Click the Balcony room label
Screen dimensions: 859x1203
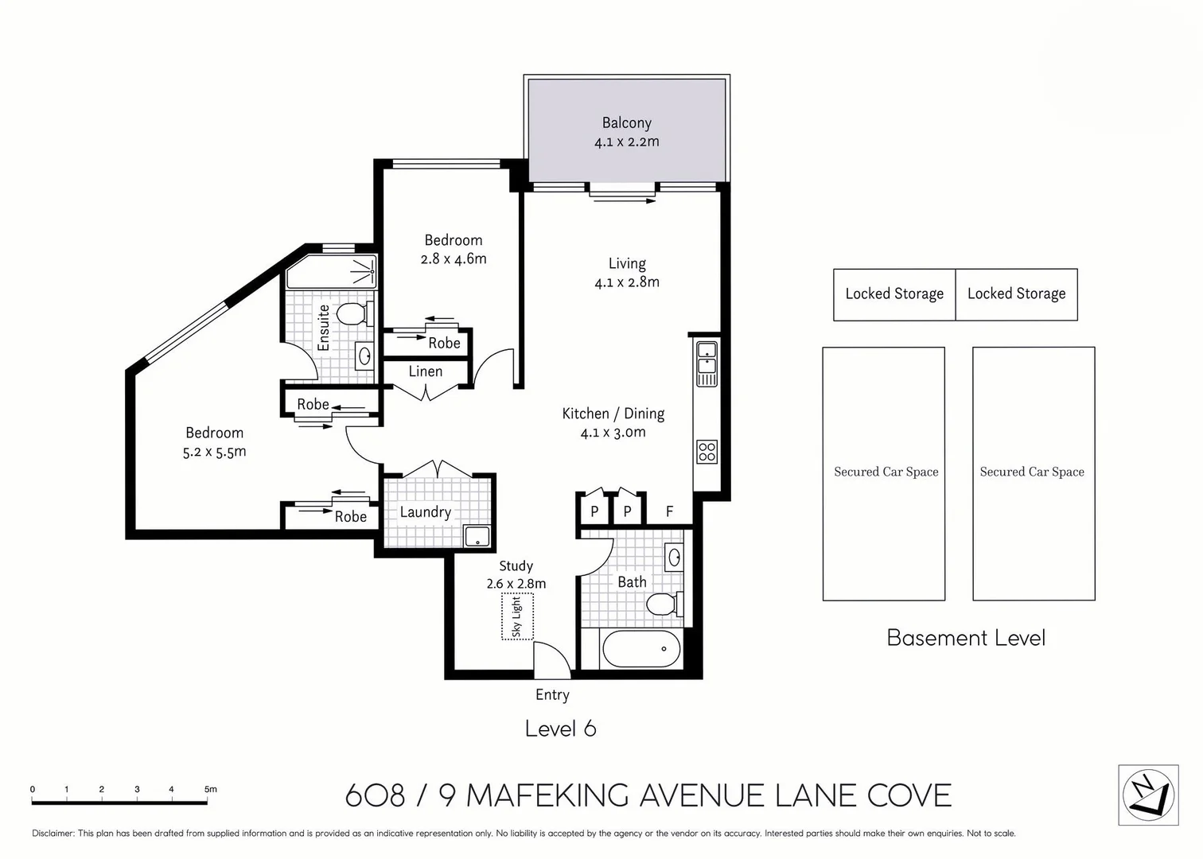pyautogui.click(x=626, y=122)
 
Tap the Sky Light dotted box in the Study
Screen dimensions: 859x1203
pyautogui.click(x=517, y=616)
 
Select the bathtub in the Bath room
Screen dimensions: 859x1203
pyautogui.click(x=641, y=649)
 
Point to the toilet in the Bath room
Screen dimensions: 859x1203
pyautogui.click(x=663, y=604)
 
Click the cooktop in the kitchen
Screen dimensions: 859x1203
pyautogui.click(x=707, y=452)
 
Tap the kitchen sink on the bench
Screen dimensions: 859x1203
pyautogui.click(x=707, y=357)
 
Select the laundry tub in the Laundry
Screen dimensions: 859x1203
pyautogui.click(x=477, y=537)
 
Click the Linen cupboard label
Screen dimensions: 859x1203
pyautogui.click(x=425, y=371)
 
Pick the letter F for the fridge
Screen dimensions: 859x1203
pyautogui.click(x=669, y=511)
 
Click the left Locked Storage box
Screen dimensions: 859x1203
pyautogui.click(x=894, y=294)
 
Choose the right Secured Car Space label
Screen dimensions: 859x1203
pyautogui.click(x=1032, y=472)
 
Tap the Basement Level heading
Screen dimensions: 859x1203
pyautogui.click(x=966, y=638)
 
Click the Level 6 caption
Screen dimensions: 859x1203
pyautogui.click(x=560, y=729)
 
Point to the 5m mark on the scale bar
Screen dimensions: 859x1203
pyautogui.click(x=209, y=790)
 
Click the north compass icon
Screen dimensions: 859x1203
pyautogui.click(x=1148, y=795)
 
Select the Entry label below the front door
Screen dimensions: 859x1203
pyautogui.click(x=552, y=694)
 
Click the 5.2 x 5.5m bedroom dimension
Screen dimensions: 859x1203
pyautogui.click(x=214, y=452)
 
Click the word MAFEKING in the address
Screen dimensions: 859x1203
pyautogui.click(x=548, y=795)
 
